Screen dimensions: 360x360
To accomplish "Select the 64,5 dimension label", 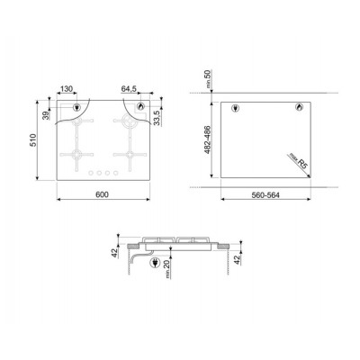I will point(128,88).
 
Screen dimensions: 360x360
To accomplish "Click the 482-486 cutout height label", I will point(207,139).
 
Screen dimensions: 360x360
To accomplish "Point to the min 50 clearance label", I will point(208,78).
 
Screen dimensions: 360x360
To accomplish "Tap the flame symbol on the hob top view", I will point(139,109).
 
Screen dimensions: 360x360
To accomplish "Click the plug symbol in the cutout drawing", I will point(236,109).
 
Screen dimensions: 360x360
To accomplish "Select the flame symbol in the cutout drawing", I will point(298,108).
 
